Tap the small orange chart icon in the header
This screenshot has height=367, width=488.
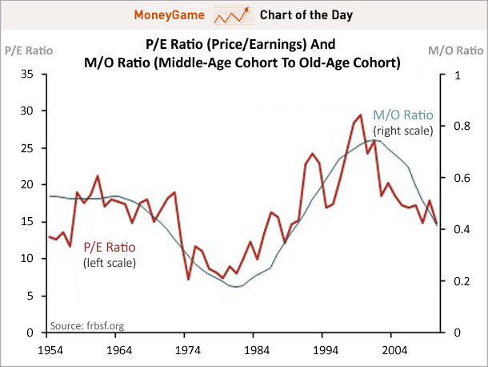pos(233,14)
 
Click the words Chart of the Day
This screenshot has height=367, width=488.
pos(306,14)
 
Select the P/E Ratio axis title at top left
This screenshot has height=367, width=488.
pos(28,50)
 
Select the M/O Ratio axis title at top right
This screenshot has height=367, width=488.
pos(457,50)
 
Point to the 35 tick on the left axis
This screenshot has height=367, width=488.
pos(26,75)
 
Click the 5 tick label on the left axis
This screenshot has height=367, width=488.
pos(30,296)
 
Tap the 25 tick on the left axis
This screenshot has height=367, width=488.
pos(26,148)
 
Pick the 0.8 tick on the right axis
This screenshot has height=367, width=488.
pos(458,126)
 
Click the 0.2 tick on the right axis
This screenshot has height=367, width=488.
pos(458,281)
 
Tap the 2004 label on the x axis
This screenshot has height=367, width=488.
pos(394,350)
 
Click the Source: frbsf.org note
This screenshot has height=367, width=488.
pos(87,325)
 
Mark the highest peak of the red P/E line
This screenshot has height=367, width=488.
pos(361,115)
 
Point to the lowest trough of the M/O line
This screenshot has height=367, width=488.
pos(236,286)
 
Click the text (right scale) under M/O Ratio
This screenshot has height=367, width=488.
pos(402,130)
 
